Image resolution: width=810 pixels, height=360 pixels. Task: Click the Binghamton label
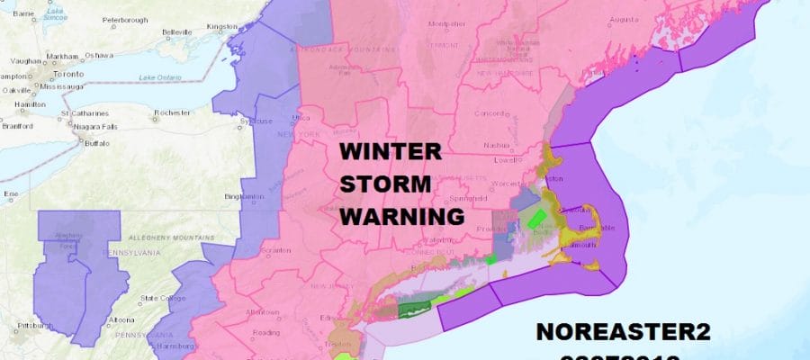(x=246, y=196)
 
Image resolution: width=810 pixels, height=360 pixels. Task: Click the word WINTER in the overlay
(x=391, y=152)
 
